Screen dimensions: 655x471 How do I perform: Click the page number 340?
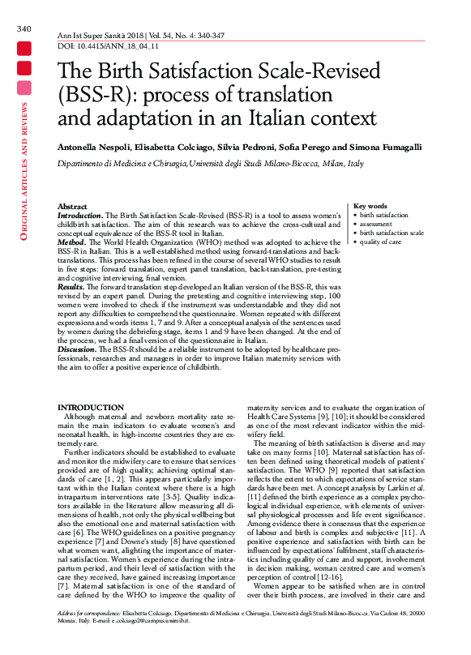pyautogui.click(x=24, y=29)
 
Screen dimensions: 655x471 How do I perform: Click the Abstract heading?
pyautogui.click(x=73, y=208)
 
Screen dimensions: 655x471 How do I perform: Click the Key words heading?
pyautogui.click(x=370, y=207)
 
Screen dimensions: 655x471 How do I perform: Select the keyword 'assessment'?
pyautogui.click(x=375, y=224)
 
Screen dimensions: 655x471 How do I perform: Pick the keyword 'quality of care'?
pyautogui.click(x=380, y=242)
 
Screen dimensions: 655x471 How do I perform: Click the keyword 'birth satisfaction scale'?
pyautogui.click(x=392, y=233)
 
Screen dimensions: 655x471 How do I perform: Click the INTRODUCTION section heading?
pyautogui.click(x=90, y=407)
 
